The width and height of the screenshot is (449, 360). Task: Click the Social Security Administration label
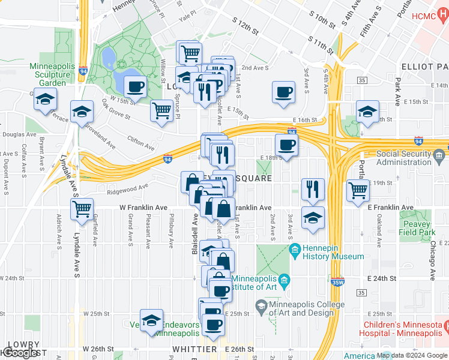click(411, 158)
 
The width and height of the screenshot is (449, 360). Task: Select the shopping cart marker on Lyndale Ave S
click(82, 209)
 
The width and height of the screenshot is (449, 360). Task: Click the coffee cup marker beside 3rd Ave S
click(283, 92)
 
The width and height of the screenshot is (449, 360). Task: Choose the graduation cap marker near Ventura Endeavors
click(152, 320)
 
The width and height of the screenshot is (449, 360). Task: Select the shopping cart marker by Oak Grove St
click(162, 111)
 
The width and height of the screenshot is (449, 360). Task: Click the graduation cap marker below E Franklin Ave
click(313, 218)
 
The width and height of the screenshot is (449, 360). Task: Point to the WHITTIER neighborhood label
click(194, 349)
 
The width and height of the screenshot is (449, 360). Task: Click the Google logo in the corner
click(19, 353)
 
